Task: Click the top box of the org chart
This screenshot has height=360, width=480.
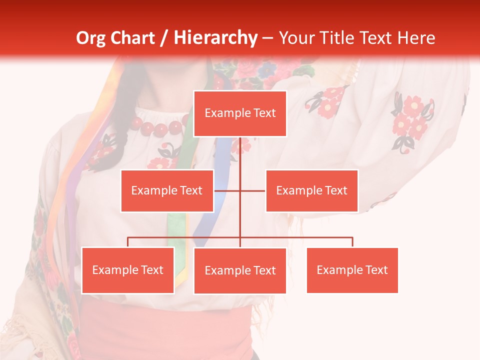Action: coord(240,113)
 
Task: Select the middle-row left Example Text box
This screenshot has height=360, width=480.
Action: coord(167,190)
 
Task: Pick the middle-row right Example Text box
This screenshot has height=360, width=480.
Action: coord(311,190)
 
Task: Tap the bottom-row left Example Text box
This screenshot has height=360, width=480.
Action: coord(127,270)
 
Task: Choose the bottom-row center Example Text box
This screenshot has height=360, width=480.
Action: coord(240,270)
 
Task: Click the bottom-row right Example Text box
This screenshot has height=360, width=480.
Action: coord(352,270)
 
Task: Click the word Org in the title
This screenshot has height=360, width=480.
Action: coord(90,38)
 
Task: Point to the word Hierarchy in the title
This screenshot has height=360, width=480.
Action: coord(215,38)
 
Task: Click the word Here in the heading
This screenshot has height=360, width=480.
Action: coord(416,38)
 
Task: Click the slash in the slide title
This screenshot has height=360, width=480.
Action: coord(164,38)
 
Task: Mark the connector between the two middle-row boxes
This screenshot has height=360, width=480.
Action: coord(240,190)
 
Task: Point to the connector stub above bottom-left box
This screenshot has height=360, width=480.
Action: coord(127,242)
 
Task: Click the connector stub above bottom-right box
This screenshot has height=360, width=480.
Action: coord(352,242)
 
